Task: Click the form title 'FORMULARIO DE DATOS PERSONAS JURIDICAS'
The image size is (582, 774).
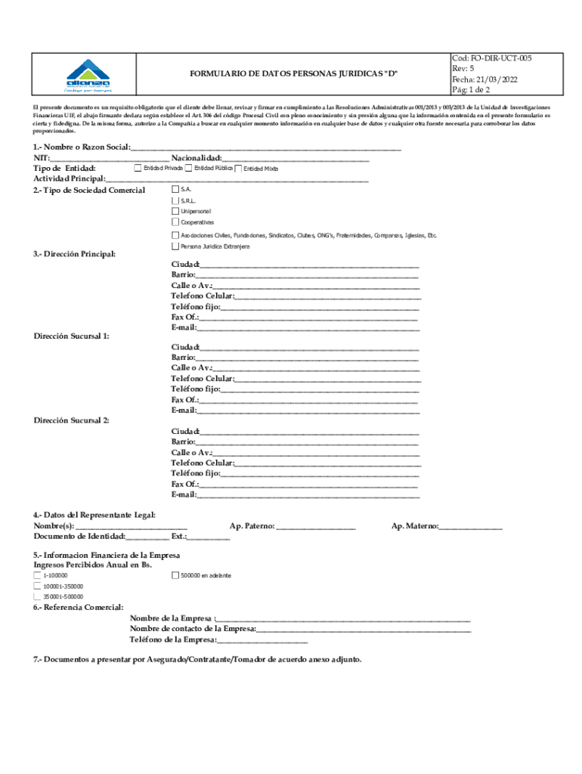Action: [x=293, y=73]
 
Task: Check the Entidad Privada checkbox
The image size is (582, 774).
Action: [x=138, y=168]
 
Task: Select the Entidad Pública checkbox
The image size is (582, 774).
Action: [x=188, y=168]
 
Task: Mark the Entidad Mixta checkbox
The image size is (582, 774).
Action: [x=238, y=169]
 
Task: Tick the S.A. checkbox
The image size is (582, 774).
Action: [x=175, y=189]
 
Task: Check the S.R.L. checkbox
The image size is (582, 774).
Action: [x=175, y=200]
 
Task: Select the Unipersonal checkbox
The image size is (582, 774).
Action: [x=175, y=212]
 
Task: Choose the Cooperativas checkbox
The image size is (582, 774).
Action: [x=175, y=222]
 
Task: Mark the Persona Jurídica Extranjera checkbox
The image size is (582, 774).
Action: [x=175, y=246]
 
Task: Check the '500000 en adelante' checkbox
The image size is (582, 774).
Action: [x=175, y=575]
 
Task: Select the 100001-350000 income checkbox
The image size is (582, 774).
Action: [x=38, y=586]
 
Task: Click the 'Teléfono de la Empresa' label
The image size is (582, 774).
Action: [x=173, y=639]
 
